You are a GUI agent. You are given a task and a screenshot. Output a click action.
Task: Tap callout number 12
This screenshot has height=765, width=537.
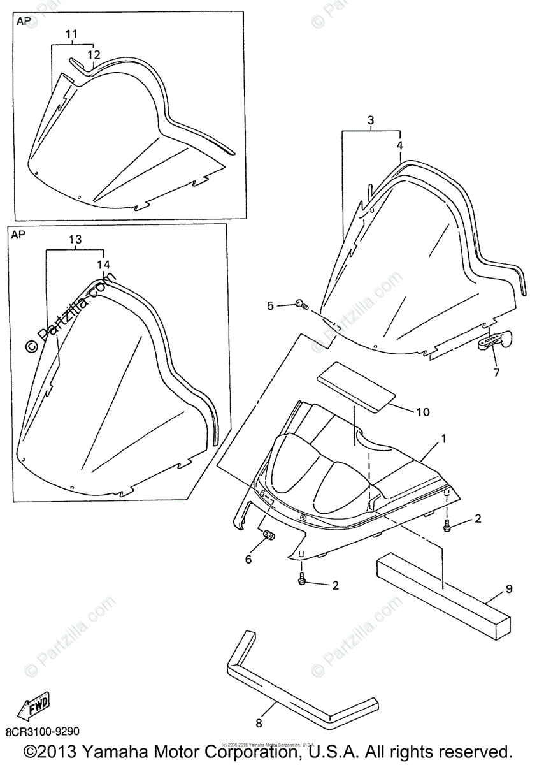tap(94, 54)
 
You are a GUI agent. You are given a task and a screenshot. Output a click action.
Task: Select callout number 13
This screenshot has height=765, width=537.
tap(75, 240)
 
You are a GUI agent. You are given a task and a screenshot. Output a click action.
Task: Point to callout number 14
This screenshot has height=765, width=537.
tap(103, 264)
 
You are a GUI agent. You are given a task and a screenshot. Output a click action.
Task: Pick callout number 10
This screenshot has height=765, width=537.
tap(423, 412)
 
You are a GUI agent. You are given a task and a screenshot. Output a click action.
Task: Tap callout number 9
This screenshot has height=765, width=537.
tap(509, 590)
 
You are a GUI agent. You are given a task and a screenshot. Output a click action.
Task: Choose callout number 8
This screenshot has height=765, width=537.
tap(259, 723)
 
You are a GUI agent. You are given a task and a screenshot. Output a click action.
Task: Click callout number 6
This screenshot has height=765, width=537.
tap(248, 559)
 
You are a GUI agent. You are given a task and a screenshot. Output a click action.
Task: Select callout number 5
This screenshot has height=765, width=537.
tap(270, 306)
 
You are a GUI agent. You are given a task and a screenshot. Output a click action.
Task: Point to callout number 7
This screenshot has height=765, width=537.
tap(496, 371)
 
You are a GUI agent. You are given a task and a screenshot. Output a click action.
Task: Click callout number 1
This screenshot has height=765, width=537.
tap(444, 439)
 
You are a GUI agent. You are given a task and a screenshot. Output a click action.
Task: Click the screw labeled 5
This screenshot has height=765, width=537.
tap(302, 306)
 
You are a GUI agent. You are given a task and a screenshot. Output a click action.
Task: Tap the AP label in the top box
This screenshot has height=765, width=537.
tap(23, 21)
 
